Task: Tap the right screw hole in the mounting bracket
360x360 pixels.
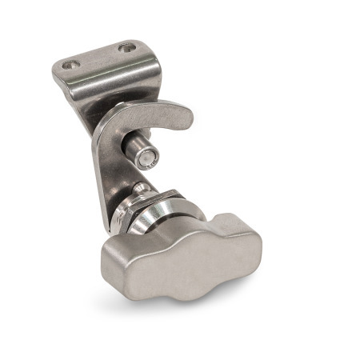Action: [x=126, y=48]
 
